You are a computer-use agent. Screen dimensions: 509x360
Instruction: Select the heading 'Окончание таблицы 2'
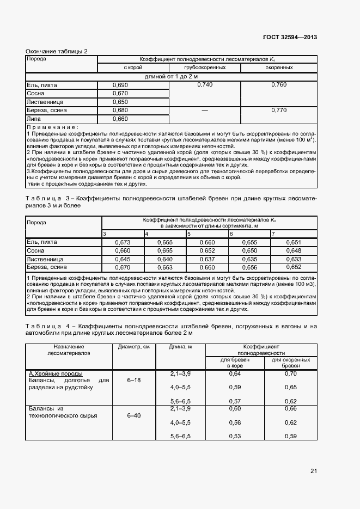coord(57,51)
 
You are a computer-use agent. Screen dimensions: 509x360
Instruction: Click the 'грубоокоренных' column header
coord(205,68)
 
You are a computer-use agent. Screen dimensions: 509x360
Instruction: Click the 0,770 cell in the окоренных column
coord(278,110)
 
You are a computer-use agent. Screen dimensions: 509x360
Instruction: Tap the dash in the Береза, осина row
coord(205,110)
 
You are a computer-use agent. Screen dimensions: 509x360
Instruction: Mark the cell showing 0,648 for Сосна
coord(293,250)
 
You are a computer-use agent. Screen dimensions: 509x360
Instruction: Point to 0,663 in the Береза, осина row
coord(164,267)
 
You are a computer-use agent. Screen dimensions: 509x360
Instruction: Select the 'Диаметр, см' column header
coord(133,346)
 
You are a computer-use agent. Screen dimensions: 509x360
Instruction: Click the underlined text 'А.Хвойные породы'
coord(56,374)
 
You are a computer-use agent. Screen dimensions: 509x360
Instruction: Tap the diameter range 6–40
coord(133,415)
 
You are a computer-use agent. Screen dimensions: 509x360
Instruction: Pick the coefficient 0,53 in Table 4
coord(235,436)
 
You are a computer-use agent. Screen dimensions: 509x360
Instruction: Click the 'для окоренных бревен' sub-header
coord(291,363)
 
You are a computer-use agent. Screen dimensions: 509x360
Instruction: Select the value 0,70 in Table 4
coord(291,374)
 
